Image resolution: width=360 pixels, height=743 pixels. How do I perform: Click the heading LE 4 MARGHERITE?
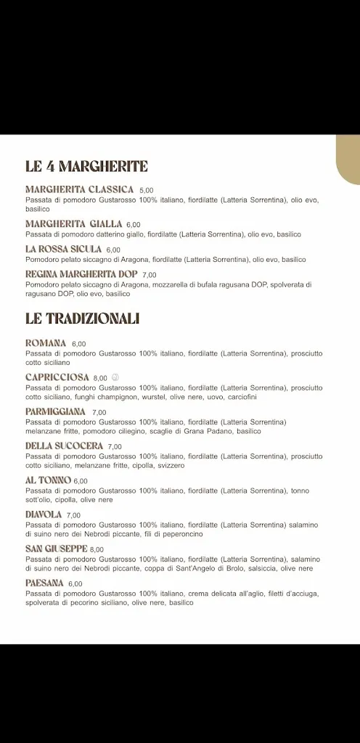point(86,167)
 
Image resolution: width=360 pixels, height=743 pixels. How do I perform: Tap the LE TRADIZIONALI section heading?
point(82,319)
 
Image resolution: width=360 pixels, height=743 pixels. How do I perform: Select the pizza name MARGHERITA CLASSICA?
point(79,190)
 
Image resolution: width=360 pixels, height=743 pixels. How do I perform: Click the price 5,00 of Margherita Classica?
point(147,191)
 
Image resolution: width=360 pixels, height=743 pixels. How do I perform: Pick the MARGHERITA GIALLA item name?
point(74,224)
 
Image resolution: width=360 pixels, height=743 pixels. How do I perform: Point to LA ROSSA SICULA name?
point(63,249)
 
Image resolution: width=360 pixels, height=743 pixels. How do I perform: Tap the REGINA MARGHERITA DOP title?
point(81,274)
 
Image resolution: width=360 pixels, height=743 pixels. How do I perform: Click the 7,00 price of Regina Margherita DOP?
point(150,275)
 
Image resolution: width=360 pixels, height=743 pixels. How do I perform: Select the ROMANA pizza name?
point(46,343)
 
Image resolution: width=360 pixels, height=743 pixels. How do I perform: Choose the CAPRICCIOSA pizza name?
point(57,377)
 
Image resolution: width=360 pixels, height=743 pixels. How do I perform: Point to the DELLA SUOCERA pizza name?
point(64,446)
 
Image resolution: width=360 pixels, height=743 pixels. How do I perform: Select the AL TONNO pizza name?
point(48,480)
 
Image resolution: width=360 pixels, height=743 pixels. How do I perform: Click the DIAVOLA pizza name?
point(44,514)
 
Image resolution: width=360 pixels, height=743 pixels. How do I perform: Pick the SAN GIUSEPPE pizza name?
point(57,549)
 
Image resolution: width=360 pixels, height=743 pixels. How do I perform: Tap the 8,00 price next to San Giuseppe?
point(97,550)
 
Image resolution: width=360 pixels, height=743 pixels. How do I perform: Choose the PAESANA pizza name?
point(44,583)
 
